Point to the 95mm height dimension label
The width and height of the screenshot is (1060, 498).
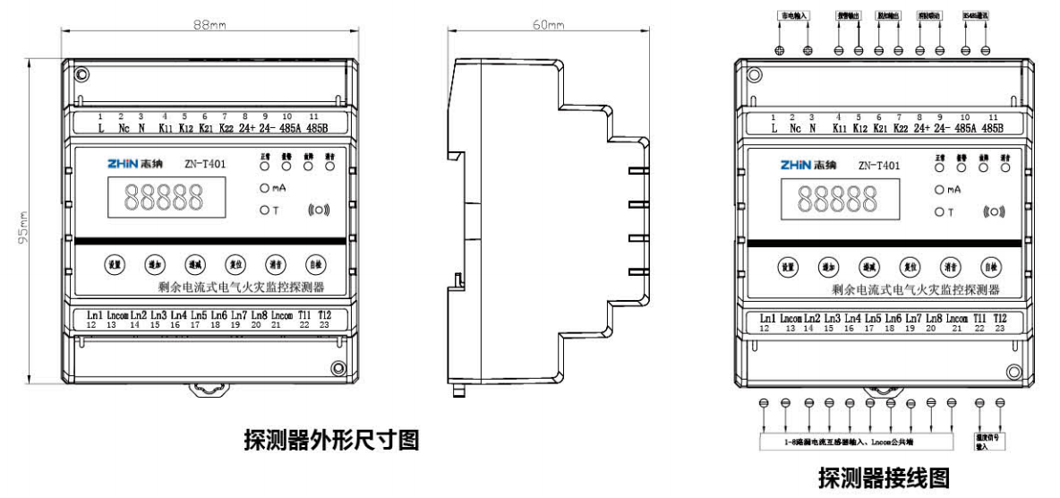tap(26, 224)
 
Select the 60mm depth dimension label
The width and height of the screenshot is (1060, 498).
tap(548, 24)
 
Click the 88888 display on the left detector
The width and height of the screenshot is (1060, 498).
tap(163, 198)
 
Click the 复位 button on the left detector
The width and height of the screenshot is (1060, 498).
tap(234, 264)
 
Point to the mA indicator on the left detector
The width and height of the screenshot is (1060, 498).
tap(271, 188)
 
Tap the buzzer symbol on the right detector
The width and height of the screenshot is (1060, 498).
tap(994, 212)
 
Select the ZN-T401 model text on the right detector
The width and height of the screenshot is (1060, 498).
tap(878, 165)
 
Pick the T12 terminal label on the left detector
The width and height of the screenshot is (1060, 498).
tap(324, 315)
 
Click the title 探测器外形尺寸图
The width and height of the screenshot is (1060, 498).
tap(331, 440)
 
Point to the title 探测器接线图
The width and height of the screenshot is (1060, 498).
tap(883, 478)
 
